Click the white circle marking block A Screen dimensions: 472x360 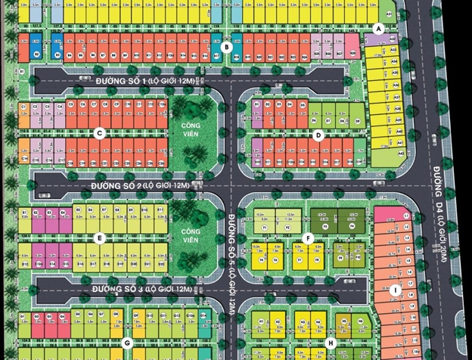point(378,29)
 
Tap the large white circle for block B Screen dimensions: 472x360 point(225,48)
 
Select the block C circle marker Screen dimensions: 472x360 point(98,133)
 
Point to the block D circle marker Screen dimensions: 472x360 point(318,135)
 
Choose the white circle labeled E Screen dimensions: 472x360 point(98,238)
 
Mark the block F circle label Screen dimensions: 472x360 point(308,238)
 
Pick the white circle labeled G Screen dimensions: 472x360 point(128,343)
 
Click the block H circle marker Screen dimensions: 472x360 point(331,343)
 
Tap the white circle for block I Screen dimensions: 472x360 point(394,290)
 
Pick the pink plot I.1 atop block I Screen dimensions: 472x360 point(385,214)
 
